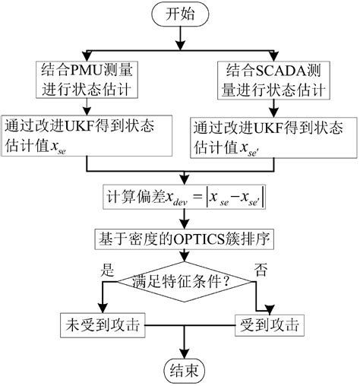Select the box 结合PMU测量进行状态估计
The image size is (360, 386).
pos(89,81)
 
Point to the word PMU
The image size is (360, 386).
pos(84,70)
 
